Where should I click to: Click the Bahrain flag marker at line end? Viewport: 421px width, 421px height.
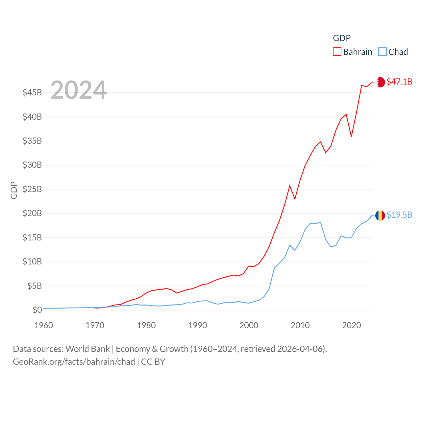pyautogui.click(x=380, y=82)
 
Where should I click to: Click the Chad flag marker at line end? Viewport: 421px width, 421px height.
pyautogui.click(x=380, y=215)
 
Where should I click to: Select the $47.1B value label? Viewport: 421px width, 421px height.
pyautogui.click(x=399, y=82)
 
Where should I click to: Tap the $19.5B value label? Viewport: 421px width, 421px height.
pyautogui.click(x=399, y=215)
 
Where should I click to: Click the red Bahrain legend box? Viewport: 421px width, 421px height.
pyautogui.click(x=337, y=52)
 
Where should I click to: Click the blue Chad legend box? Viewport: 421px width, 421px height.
pyautogui.click(x=382, y=52)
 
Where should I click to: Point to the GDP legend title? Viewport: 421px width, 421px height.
pyautogui.click(x=342, y=38)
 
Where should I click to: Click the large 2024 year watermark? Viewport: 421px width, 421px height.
pyautogui.click(x=78, y=90)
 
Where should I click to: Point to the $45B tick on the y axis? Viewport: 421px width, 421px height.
pyautogui.click(x=32, y=92)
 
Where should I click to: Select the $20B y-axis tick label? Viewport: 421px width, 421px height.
pyautogui.click(x=32, y=213)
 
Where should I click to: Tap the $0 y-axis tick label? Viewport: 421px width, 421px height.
pyautogui.click(x=37, y=310)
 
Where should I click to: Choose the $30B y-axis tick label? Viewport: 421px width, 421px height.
pyautogui.click(x=32, y=165)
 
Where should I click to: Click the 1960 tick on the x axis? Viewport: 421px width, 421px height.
pyautogui.click(x=44, y=325)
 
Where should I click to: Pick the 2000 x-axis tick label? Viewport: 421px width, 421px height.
pyautogui.click(x=249, y=325)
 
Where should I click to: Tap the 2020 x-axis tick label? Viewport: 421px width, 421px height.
pyautogui.click(x=352, y=325)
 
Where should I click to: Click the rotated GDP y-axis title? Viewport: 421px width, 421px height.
pyautogui.click(x=14, y=190)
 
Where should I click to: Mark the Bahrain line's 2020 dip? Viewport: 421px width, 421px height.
pyautogui.click(x=352, y=136)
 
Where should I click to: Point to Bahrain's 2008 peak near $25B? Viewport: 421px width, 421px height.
pyautogui.click(x=290, y=186)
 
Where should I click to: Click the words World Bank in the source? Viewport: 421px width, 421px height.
pyautogui.click(x=87, y=349)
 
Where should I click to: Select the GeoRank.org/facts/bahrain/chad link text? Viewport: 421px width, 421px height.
pyautogui.click(x=74, y=362)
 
